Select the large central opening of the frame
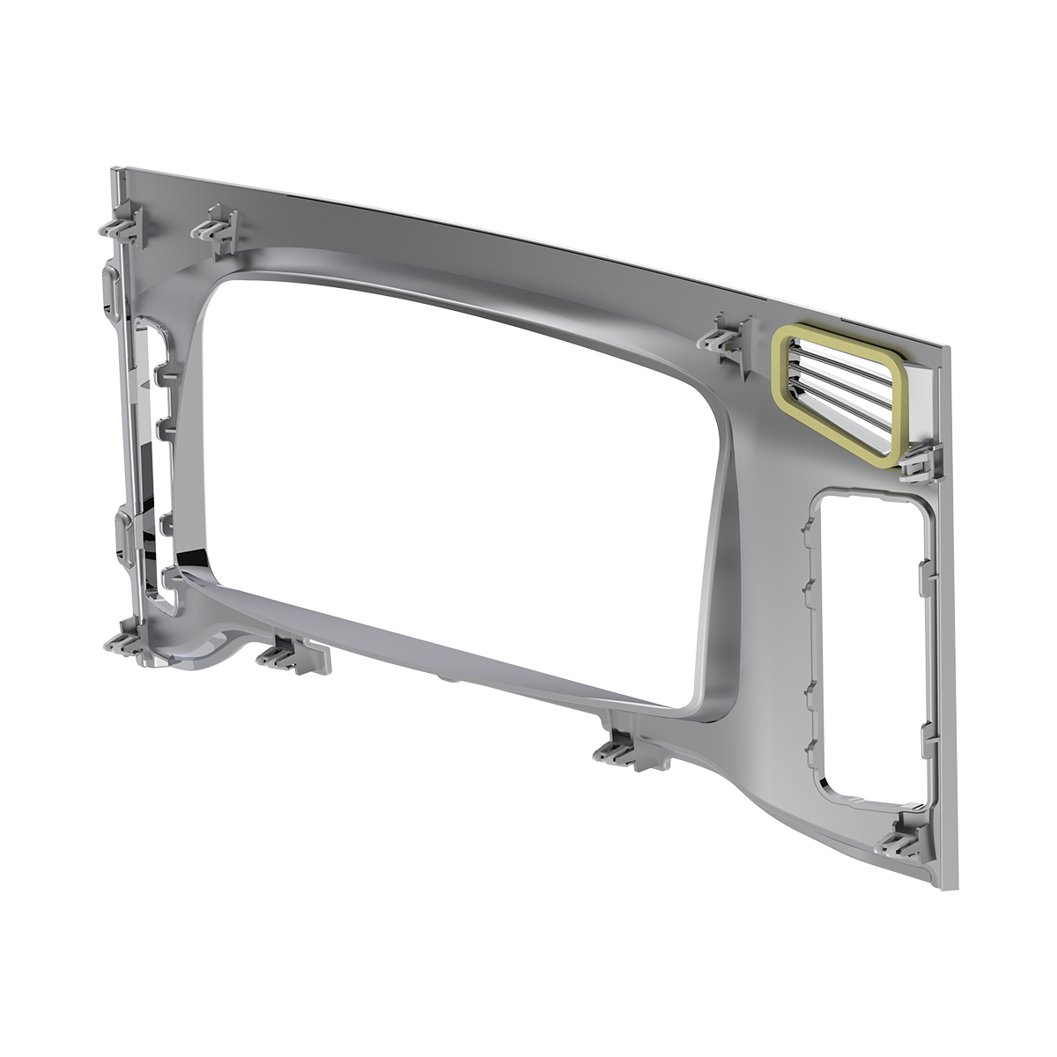click(458, 458)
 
